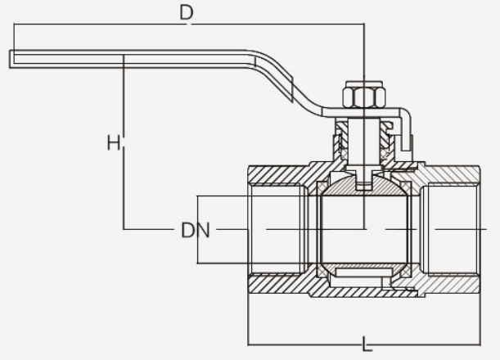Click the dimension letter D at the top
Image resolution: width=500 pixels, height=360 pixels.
pyautogui.click(x=187, y=14)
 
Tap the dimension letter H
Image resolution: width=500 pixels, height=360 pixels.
pyautogui.click(x=115, y=143)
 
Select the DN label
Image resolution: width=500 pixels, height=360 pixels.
pyautogui.click(x=196, y=231)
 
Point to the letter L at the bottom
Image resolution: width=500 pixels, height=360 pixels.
pyautogui.click(x=366, y=344)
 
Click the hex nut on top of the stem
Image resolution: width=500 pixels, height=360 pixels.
pyautogui.click(x=362, y=97)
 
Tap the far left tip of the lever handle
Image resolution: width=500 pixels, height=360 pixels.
pyautogui.click(x=13, y=57)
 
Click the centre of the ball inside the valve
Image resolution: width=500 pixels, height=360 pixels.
pyautogui.click(x=363, y=229)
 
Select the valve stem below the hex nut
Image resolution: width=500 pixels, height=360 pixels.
pyautogui.click(x=362, y=143)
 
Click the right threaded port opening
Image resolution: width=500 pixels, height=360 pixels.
pyautogui.click(x=454, y=230)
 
